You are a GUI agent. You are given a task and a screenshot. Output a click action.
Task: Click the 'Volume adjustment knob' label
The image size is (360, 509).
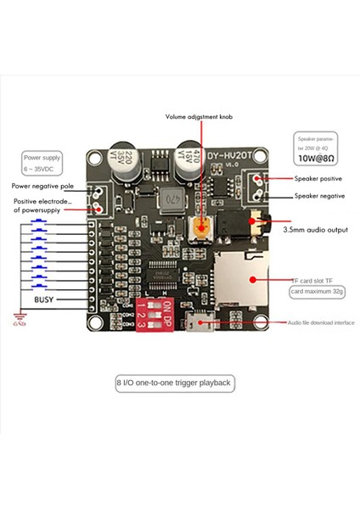click(x=200, y=116)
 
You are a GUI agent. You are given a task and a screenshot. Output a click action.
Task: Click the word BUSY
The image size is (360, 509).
click(x=44, y=299)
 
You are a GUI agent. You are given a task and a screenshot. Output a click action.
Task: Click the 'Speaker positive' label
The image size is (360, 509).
click(x=319, y=179)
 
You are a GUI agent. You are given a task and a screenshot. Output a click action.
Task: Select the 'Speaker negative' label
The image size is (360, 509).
click(x=319, y=196)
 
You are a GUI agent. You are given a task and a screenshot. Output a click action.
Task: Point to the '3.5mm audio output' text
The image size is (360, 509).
click(x=315, y=229)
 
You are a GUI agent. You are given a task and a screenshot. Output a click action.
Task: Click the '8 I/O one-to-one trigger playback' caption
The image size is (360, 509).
click(x=173, y=383)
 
